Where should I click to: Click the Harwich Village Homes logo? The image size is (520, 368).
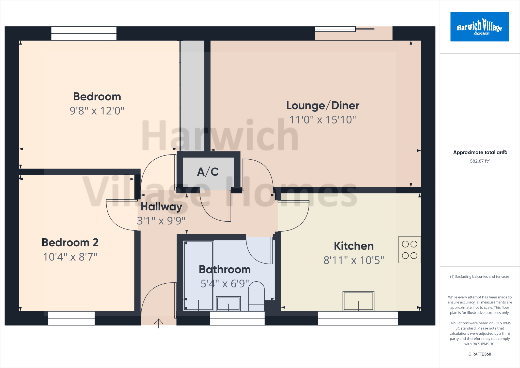pyautogui.click(x=479, y=27)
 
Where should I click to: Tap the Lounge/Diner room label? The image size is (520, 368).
pyautogui.click(x=322, y=105)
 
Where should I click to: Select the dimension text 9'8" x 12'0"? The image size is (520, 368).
pyautogui.click(x=97, y=111)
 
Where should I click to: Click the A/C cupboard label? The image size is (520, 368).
pyautogui.click(x=208, y=172)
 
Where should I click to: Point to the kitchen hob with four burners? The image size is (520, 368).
pyautogui.click(x=409, y=250)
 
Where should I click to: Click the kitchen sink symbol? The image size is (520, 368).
pyautogui.click(x=358, y=301)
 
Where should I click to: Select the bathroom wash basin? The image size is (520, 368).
pyautogui.click(x=228, y=303)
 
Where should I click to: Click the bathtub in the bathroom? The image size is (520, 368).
pyautogui.click(x=199, y=276)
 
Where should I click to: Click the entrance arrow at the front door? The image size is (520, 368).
pyautogui.click(x=158, y=323)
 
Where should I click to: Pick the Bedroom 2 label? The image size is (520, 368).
pyautogui.click(x=70, y=242)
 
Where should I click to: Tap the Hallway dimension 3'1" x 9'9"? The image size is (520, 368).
pyautogui.click(x=161, y=221)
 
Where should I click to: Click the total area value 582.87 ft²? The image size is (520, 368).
pyautogui.click(x=479, y=161)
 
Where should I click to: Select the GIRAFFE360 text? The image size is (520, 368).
pyautogui.click(x=479, y=354)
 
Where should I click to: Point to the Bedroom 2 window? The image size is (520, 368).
pyautogui.click(x=71, y=318)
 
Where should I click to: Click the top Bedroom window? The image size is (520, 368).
pyautogui.click(x=84, y=33)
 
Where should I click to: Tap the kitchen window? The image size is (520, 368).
pyautogui.click(x=358, y=318)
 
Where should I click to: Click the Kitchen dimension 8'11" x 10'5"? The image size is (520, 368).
pyautogui.click(x=354, y=260)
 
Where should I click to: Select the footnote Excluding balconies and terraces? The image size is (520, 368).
pyautogui.click(x=480, y=277)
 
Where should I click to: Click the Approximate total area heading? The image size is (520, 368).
pyautogui.click(x=480, y=152)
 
